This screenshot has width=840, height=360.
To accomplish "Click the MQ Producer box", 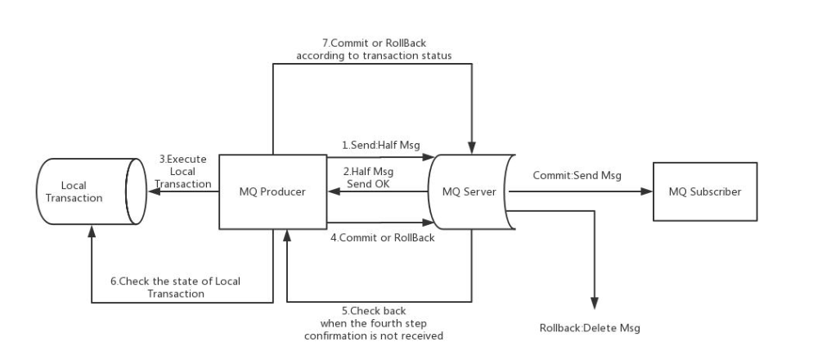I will tap(273, 192).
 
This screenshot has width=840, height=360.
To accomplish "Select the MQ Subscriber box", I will tap(705, 192).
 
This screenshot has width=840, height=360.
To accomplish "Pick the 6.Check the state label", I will tap(176, 286).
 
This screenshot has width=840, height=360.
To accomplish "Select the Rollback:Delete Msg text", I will tap(590, 328).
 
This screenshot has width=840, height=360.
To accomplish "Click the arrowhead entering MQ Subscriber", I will tap(647, 192).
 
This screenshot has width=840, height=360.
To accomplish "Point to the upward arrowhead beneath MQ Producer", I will tap(287, 236).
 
